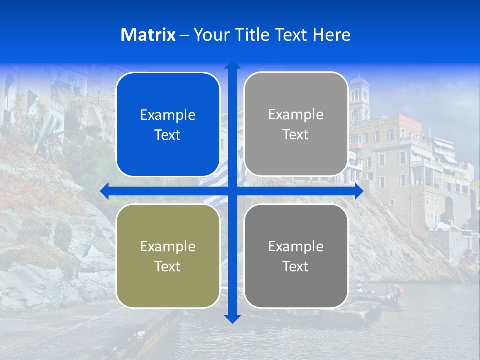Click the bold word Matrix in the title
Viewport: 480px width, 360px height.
point(148,35)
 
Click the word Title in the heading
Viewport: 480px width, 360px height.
point(251,35)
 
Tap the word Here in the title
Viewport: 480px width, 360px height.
point(332,35)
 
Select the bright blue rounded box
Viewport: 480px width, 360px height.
point(168,124)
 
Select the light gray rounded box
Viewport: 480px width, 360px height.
point(296,124)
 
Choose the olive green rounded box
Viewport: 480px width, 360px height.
point(168,256)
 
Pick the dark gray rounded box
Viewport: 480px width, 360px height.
point(296,256)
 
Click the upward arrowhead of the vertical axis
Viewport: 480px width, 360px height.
point(232,65)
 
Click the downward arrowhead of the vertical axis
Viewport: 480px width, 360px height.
point(232,318)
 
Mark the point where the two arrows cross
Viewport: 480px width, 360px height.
point(232,191)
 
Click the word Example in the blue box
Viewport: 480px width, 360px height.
point(168,115)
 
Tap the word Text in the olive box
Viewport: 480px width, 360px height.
point(168,266)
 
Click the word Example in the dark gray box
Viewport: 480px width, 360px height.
point(296,246)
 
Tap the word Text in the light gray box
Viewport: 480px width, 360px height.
point(296,134)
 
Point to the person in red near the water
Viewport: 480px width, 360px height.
point(397,290)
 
